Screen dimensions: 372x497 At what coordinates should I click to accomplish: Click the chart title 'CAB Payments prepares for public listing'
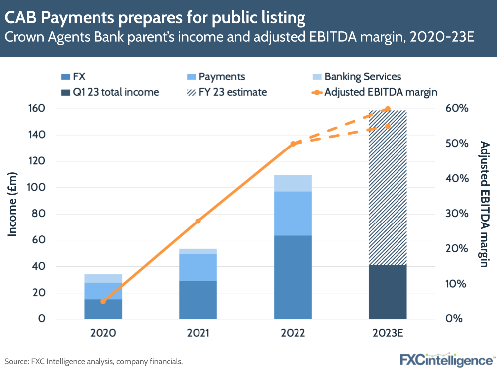coord(155,18)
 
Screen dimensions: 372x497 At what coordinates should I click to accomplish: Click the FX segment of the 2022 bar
coord(293,277)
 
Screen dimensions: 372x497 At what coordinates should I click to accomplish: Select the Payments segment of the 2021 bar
coord(198,267)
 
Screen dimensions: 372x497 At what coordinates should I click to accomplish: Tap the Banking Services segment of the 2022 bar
coord(293,183)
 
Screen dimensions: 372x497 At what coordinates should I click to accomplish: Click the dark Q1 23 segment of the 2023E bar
coord(388,292)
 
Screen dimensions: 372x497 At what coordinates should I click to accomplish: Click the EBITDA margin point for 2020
coord(103,301)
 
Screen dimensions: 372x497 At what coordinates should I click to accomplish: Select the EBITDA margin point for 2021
coord(198,221)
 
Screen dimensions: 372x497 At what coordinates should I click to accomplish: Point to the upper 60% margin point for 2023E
coord(388,109)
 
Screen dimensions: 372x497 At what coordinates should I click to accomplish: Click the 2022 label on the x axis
coord(293,333)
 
